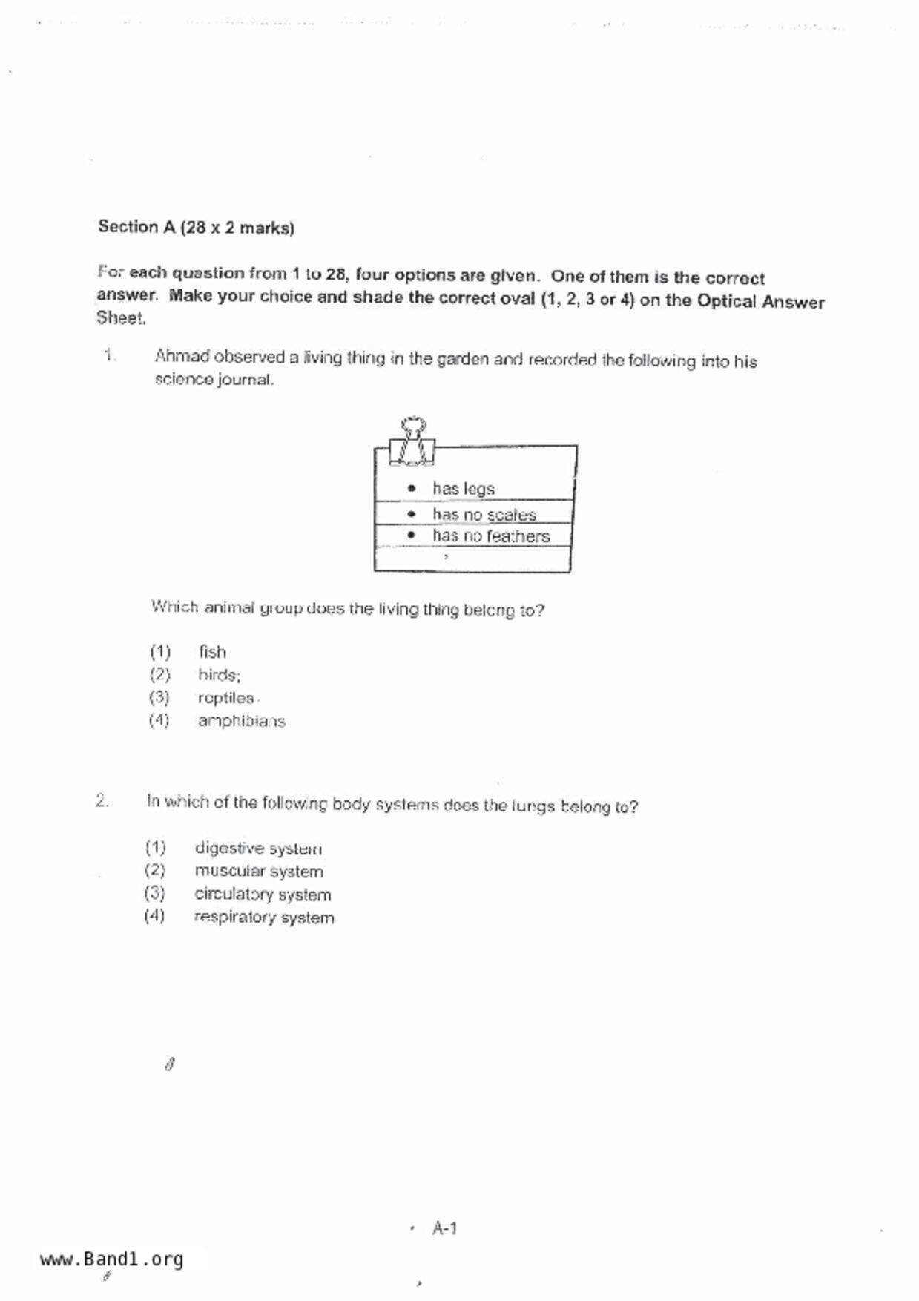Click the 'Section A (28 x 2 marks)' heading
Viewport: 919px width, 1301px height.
pos(196,227)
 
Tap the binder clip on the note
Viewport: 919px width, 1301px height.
pos(412,442)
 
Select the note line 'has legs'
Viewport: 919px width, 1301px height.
pos(463,488)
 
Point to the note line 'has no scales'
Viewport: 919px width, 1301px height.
pos(484,514)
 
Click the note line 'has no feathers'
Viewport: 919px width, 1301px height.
pos(491,536)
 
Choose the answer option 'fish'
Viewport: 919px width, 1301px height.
pos(212,652)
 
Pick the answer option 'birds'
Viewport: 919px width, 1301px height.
pos(219,675)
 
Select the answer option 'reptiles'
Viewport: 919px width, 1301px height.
pos(225,698)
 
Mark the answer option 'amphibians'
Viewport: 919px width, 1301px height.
pos(241,721)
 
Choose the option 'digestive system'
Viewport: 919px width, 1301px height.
pos(258,848)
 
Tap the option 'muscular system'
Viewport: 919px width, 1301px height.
pos(259,871)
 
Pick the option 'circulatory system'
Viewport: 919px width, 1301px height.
pos(263,894)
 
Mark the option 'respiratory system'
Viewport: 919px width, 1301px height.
pos(264,918)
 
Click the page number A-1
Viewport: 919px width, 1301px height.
pos(444,1228)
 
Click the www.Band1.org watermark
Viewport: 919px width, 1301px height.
pos(111,1259)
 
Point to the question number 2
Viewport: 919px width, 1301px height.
pos(102,801)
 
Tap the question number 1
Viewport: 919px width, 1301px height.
pos(109,355)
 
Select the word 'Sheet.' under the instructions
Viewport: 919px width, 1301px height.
pos(121,318)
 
